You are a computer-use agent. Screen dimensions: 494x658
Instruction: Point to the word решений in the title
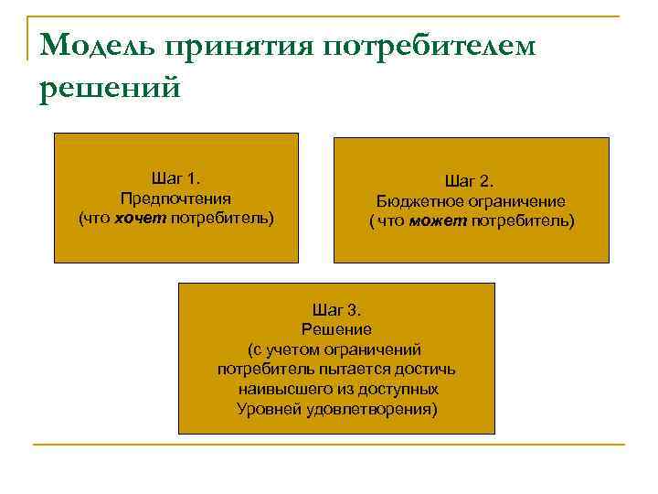coord(110,90)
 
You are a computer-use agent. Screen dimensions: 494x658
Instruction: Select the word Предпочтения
coord(175,199)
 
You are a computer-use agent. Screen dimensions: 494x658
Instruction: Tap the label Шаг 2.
coord(470,181)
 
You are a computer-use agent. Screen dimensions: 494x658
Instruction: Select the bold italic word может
coord(439,221)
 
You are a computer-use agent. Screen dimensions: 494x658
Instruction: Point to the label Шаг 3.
coord(336,309)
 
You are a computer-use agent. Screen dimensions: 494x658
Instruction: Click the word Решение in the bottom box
coord(336,329)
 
